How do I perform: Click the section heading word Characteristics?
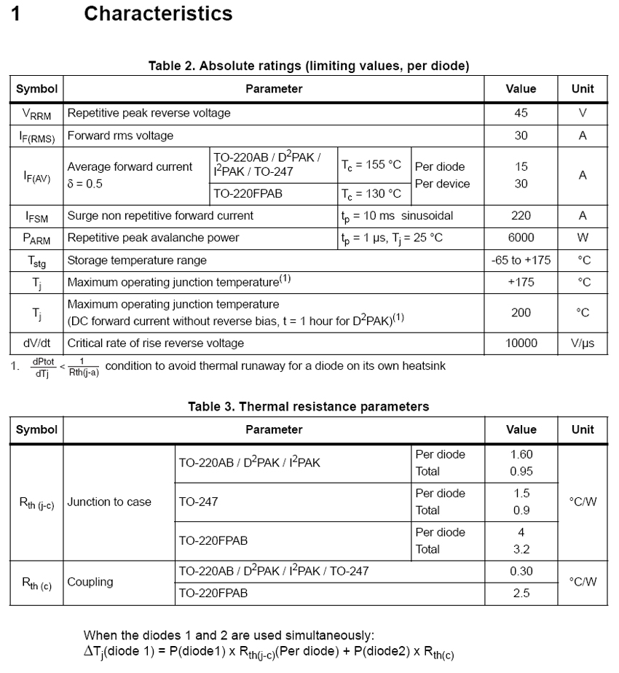(158, 13)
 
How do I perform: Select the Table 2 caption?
(308, 66)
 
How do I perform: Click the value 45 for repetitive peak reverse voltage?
(521, 113)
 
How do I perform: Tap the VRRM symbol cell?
(35, 114)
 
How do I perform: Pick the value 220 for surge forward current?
(521, 216)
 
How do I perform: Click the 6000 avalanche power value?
(521, 238)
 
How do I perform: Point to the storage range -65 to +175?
(521, 260)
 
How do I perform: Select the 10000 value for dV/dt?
(521, 343)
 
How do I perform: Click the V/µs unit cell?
(583, 343)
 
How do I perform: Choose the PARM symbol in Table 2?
(35, 238)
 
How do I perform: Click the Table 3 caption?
(308, 406)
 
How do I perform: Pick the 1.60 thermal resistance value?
(521, 454)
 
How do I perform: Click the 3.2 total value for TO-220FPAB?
(521, 549)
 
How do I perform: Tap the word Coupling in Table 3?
(90, 582)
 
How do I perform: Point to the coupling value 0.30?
(521, 571)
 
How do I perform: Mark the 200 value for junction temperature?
(521, 312)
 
